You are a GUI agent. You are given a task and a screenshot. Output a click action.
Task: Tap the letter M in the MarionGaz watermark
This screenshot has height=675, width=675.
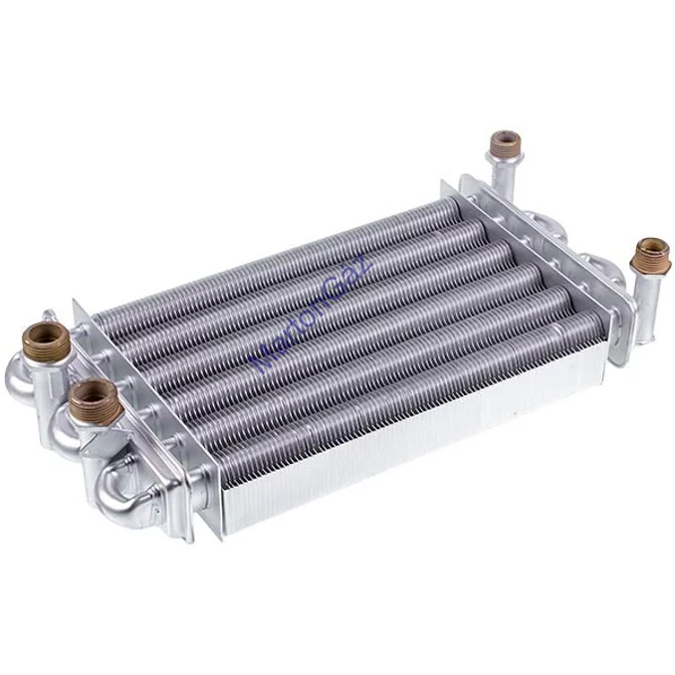click(x=261, y=360)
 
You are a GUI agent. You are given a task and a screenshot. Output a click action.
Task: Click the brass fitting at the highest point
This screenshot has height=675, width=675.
click(x=506, y=141)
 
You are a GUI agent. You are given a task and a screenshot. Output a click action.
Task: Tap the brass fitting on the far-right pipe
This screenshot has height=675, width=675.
click(x=652, y=250)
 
